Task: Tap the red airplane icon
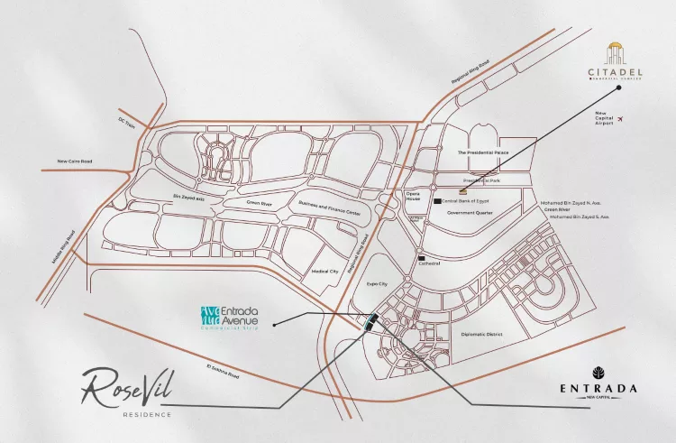coord(620,118)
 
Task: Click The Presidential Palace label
coord(483,153)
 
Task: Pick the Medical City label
coord(324,271)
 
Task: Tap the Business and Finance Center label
coord(329,209)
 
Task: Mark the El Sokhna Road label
coord(222,372)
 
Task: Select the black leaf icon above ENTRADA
coord(597,374)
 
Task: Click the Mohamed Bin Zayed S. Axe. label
coord(580,217)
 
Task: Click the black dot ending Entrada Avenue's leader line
coord(272,321)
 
